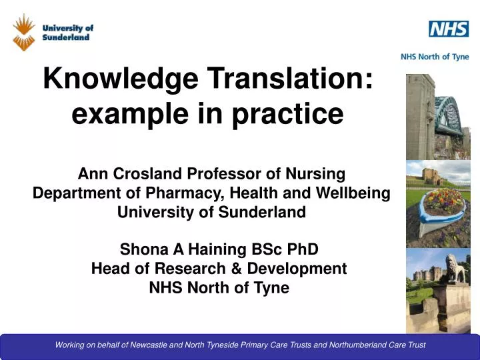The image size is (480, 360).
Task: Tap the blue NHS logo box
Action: (x=448, y=29)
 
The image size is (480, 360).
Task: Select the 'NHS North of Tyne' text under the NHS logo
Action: (x=435, y=57)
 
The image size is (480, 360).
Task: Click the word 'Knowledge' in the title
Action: (x=121, y=79)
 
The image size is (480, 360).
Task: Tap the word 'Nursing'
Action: (x=315, y=174)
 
